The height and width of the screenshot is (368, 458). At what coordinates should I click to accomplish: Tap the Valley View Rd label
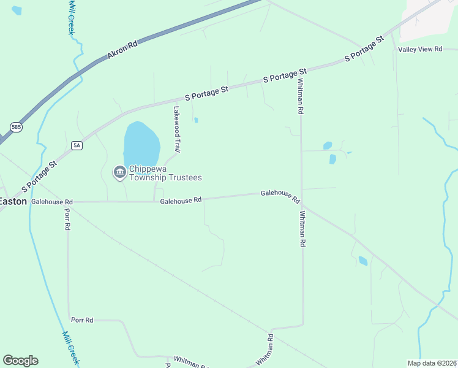tap(420, 49)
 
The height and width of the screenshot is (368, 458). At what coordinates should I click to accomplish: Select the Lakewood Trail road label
tap(177, 129)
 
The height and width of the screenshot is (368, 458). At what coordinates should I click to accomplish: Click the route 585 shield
tap(15, 127)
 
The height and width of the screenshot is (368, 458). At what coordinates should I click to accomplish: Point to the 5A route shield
tap(77, 145)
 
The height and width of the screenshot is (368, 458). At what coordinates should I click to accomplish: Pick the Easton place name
tap(13, 201)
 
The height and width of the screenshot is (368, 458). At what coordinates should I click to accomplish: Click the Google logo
tap(20, 361)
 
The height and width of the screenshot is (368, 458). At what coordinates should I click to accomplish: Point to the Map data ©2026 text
tap(432, 363)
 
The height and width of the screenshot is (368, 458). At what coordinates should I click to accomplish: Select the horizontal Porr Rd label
tap(82, 320)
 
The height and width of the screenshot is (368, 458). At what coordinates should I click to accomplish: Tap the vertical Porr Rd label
tap(67, 219)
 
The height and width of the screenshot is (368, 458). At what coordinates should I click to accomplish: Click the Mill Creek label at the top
tap(71, 17)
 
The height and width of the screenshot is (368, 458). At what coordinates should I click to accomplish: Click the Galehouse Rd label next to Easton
tap(52, 201)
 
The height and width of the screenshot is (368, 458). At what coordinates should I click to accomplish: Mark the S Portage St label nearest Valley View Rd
tap(364, 48)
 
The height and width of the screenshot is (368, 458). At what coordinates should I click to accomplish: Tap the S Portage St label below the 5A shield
tap(39, 176)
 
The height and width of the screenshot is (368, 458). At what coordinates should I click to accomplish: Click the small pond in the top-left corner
tap(17, 10)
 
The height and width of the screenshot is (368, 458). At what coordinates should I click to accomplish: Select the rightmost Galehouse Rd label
tap(280, 196)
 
